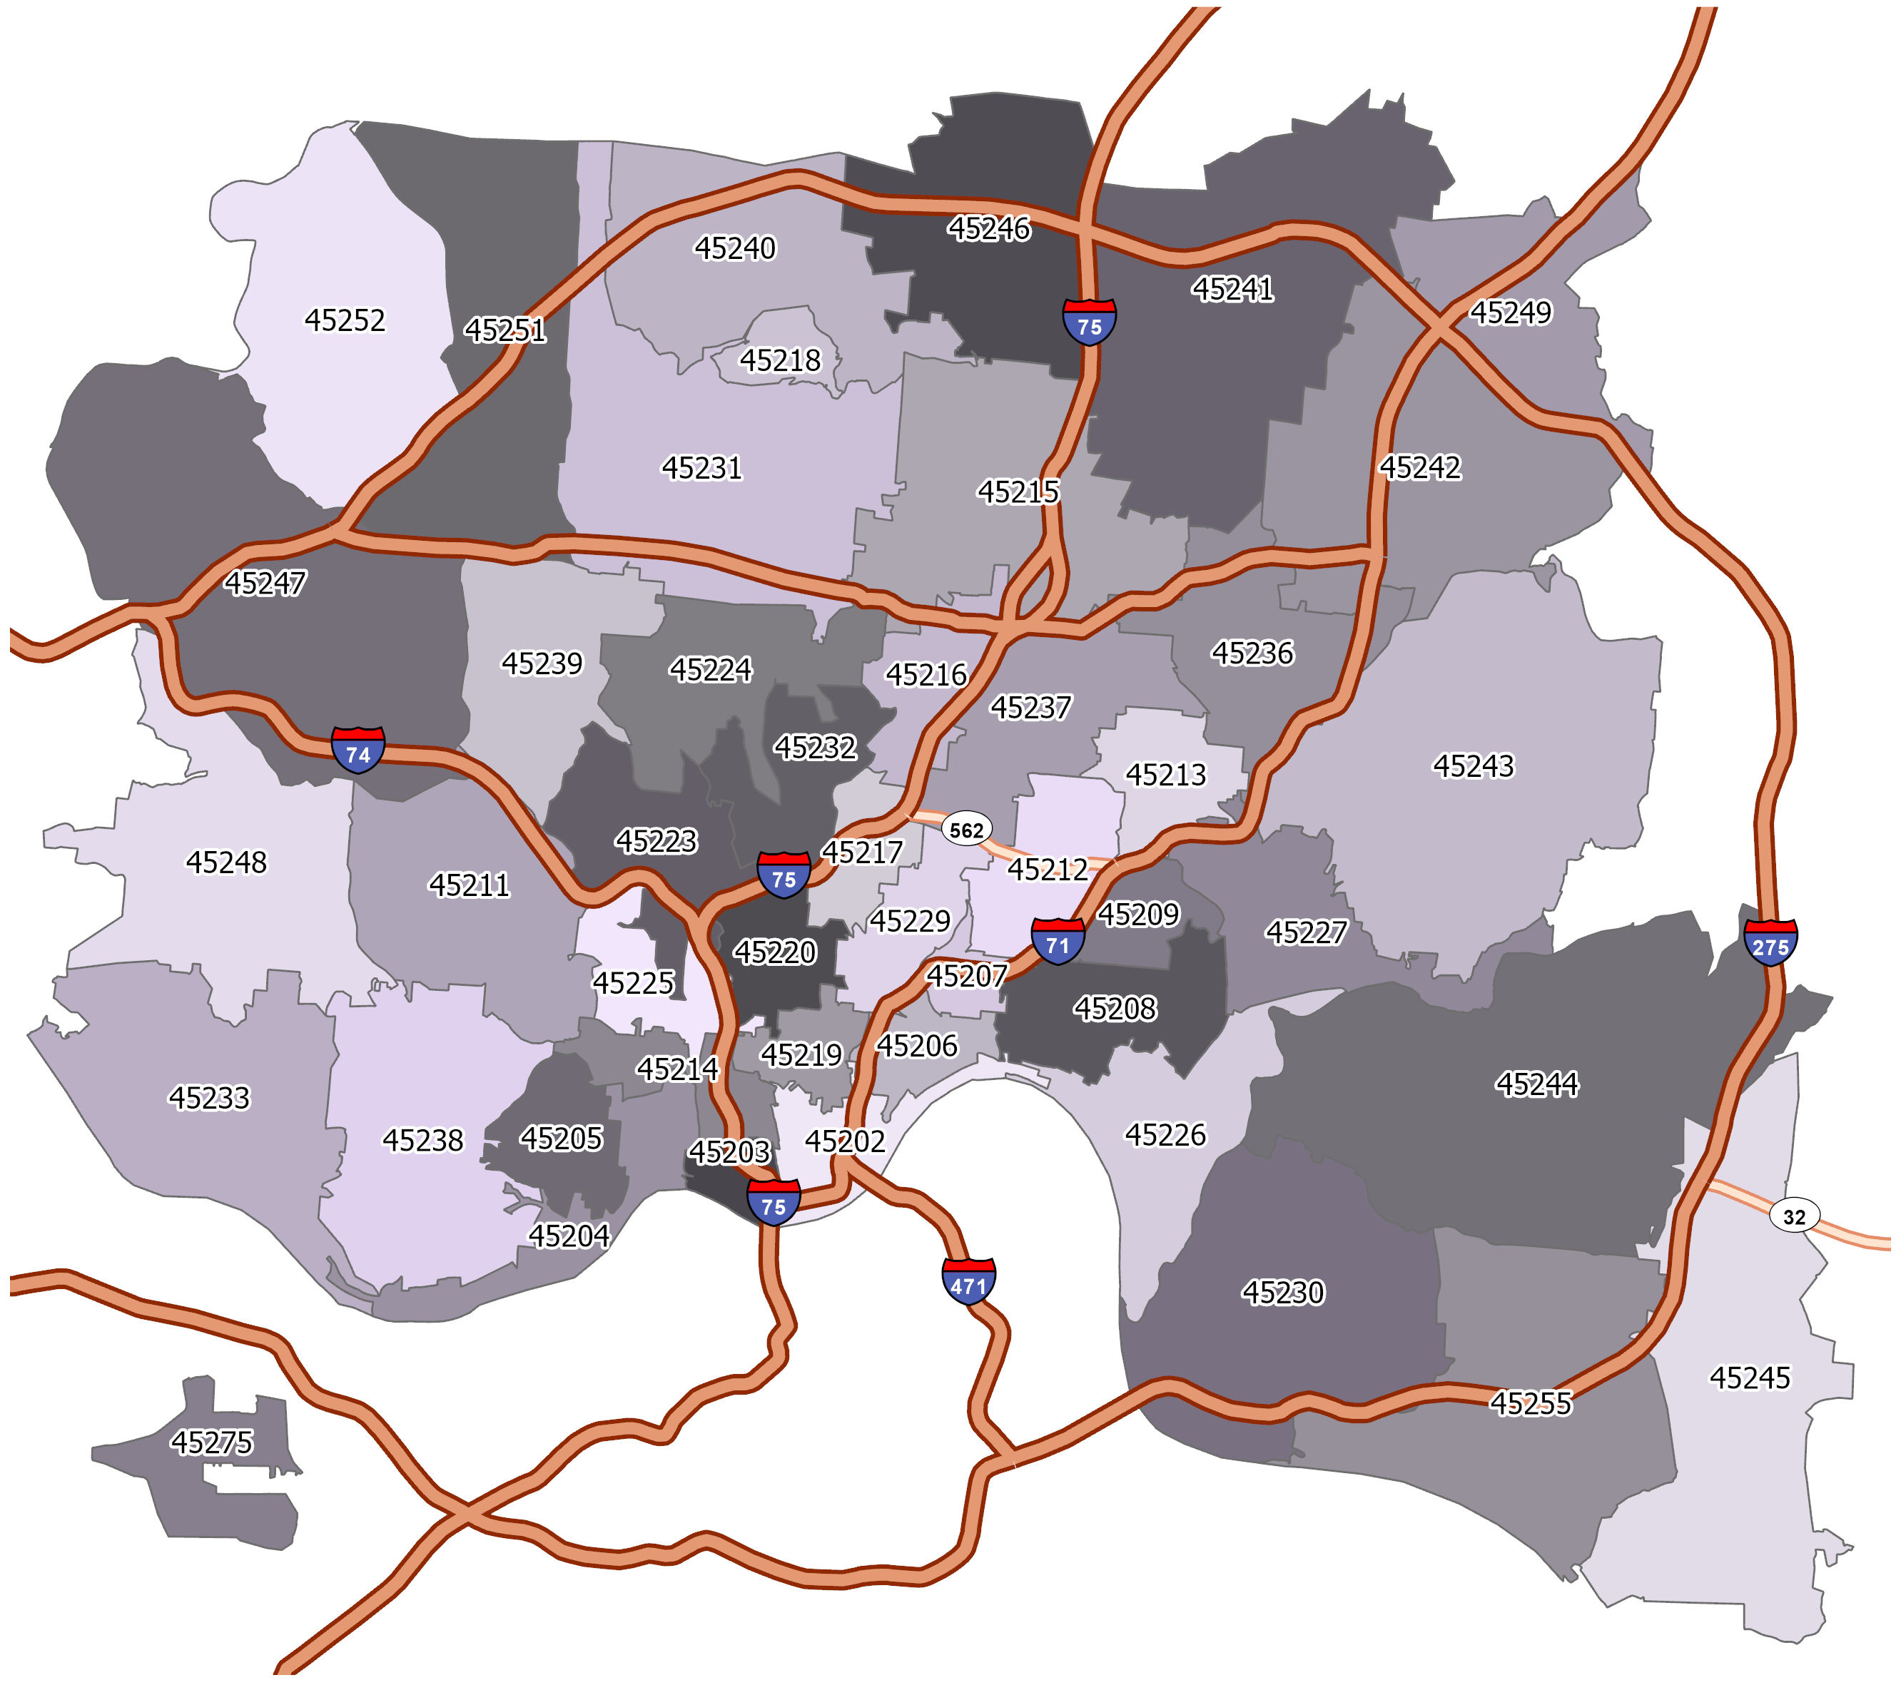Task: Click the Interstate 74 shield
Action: pyautogui.click(x=358, y=750)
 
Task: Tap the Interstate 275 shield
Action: pyautogui.click(x=1770, y=943)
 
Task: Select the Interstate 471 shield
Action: pyautogui.click(x=968, y=1282)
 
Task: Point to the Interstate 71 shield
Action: pyautogui.click(x=1058, y=941)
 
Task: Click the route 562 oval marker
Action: pyautogui.click(x=966, y=829)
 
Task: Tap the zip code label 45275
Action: pyautogui.click(x=211, y=1442)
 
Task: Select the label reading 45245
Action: pyautogui.click(x=1750, y=1378)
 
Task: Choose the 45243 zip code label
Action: pyautogui.click(x=1473, y=766)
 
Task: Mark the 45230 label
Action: pyautogui.click(x=1283, y=1292)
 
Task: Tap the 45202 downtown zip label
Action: pyautogui.click(x=844, y=1141)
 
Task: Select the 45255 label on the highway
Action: pyautogui.click(x=1531, y=1403)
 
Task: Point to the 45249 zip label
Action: pyautogui.click(x=1510, y=312)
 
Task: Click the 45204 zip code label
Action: pyautogui.click(x=569, y=1236)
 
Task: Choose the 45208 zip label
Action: pyautogui.click(x=1115, y=1008)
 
